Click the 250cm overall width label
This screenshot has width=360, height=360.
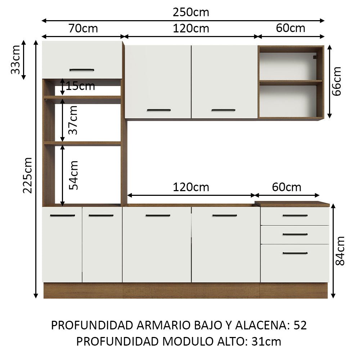(x=191, y=12)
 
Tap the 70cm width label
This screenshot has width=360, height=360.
(x=82, y=28)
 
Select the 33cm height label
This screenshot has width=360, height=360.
(x=15, y=59)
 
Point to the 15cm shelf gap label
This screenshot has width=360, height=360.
(x=80, y=86)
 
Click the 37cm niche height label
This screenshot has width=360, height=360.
(x=73, y=120)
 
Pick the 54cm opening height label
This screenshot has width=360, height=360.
(x=73, y=175)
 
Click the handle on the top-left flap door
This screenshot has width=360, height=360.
(x=82, y=70)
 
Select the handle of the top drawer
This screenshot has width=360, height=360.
(x=295, y=216)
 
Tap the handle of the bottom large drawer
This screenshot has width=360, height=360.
(x=295, y=253)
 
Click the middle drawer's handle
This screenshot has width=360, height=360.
(x=295, y=234)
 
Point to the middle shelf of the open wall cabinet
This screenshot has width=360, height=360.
(x=291, y=82)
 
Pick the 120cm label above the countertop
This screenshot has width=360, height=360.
(x=191, y=187)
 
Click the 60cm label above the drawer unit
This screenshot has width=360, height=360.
(x=287, y=187)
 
